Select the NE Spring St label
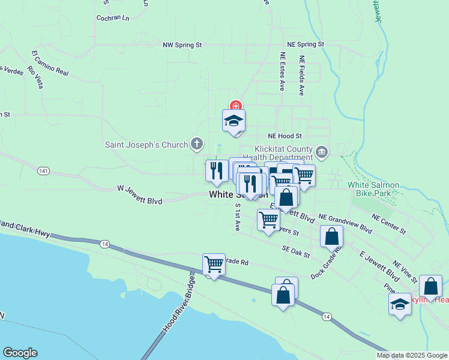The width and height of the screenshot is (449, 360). click(x=305, y=44)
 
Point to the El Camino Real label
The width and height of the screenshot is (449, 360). click(x=50, y=64)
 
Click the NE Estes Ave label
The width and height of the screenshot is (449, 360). click(x=282, y=71)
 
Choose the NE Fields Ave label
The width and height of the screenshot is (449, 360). click(x=301, y=75)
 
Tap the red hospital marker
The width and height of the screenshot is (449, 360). click(x=235, y=106)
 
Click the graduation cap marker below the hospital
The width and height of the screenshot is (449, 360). click(x=234, y=121)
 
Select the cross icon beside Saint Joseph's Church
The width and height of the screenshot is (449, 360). click(x=196, y=143)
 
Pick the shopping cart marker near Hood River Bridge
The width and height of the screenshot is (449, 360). click(x=214, y=264)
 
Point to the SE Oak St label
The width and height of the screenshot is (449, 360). click(x=297, y=251)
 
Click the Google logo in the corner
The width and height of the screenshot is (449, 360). click(x=20, y=353)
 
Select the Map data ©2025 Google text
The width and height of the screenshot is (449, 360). click(x=412, y=355)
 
